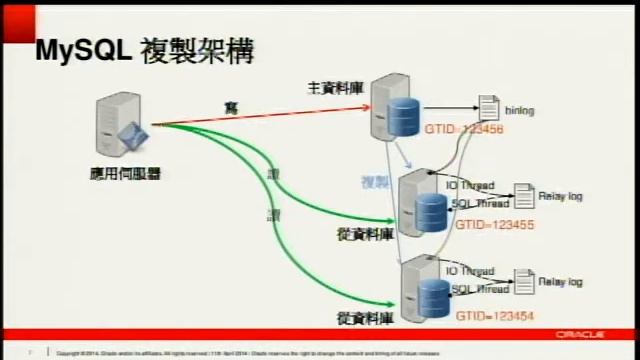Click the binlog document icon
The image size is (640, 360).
click(x=488, y=107)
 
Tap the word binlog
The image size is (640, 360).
click(x=521, y=110)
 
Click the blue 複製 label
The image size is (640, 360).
click(x=375, y=182)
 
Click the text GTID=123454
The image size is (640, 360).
click(x=494, y=315)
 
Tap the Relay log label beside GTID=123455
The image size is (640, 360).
click(x=560, y=197)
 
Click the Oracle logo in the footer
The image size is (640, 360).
click(x=584, y=335)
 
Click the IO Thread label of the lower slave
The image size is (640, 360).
click(x=469, y=271)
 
